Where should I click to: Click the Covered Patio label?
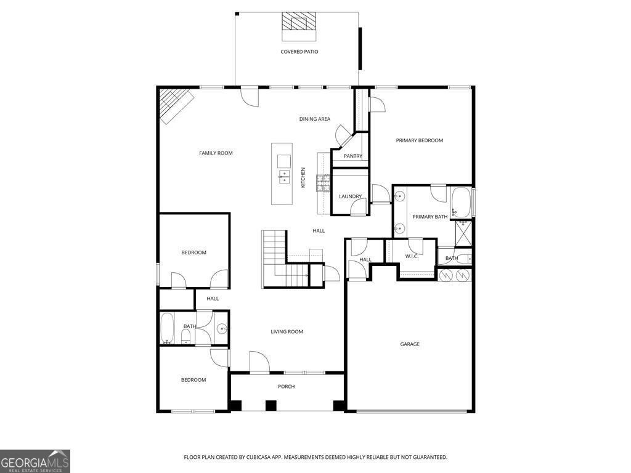point(299,52)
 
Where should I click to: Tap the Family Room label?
point(216,153)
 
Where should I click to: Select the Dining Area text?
point(315,119)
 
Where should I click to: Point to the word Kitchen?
point(303,177)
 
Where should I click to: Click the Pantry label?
point(353,156)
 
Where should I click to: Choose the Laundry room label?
point(350,196)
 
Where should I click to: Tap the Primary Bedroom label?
point(419,140)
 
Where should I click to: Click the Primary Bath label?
point(429,217)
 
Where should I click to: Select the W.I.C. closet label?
point(412,256)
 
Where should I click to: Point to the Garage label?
point(410,344)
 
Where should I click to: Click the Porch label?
point(286,387)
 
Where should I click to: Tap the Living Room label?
point(287,332)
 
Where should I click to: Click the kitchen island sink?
point(284,176)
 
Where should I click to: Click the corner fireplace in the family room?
point(176,106)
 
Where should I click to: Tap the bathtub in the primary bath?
point(461,202)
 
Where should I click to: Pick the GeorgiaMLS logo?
point(35,461)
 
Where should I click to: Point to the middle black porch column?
point(271,405)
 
